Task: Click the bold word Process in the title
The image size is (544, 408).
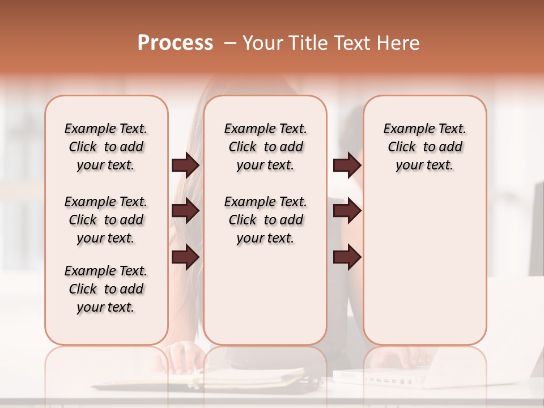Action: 175,43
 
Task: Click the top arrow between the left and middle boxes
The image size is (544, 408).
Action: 185,165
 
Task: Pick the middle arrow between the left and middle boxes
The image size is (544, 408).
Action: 185,211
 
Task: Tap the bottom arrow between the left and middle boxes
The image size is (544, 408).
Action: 185,257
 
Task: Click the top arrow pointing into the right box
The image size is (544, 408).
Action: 347,165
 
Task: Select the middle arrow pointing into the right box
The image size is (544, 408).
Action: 347,211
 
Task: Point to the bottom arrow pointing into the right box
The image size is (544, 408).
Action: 347,257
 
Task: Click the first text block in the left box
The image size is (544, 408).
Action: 106,147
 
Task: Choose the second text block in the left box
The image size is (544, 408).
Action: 106,220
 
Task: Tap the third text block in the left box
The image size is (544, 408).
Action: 106,289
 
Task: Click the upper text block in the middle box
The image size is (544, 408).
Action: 265,147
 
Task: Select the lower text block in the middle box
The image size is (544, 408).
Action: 265,220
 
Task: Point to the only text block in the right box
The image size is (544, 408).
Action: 424,147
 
